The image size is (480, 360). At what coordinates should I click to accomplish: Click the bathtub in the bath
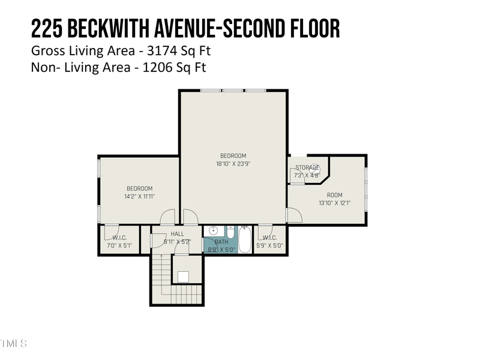click(x=245, y=239)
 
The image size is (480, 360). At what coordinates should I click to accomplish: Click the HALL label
click(x=178, y=234)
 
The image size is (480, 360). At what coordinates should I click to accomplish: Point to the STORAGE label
click(x=307, y=167)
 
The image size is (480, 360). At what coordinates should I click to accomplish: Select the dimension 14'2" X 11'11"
click(x=139, y=196)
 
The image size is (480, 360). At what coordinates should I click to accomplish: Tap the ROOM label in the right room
click(x=334, y=195)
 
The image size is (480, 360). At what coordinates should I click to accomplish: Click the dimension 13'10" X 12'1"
click(x=334, y=203)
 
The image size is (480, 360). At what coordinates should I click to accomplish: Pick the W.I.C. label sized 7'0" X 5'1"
click(x=119, y=238)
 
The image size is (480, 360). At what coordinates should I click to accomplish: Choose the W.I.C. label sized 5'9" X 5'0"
click(x=269, y=238)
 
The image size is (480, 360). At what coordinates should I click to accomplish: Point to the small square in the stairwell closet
click(x=184, y=277)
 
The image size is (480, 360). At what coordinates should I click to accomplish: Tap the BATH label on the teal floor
click(x=213, y=242)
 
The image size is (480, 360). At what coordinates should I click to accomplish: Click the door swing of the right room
click(x=294, y=215)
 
